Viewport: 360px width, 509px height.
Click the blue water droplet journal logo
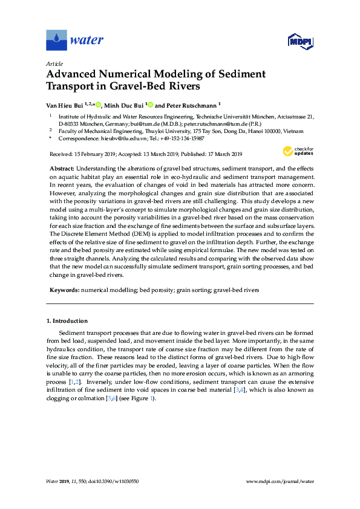[x=56, y=41]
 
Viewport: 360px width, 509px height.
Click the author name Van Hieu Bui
[x=65, y=104]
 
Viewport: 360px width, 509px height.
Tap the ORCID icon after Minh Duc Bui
[x=150, y=104]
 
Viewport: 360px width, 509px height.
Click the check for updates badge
[x=298, y=151]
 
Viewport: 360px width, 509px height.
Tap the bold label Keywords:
[x=63, y=290]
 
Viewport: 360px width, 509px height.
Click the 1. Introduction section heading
[x=67, y=320]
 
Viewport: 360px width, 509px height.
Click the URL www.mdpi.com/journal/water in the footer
[x=281, y=482]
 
